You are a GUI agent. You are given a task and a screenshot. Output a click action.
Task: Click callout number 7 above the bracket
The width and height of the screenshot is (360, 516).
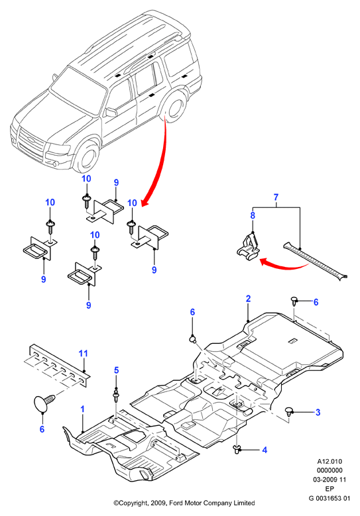tap(276, 197)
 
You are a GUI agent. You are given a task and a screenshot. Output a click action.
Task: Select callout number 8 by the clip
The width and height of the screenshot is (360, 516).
tap(253, 215)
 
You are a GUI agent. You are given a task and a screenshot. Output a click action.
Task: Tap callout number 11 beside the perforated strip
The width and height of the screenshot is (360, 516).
tap(84, 354)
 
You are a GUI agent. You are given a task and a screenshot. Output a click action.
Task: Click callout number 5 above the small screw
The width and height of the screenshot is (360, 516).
tap(116, 370)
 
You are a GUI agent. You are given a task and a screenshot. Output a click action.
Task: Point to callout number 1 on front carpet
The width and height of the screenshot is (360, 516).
tap(82, 409)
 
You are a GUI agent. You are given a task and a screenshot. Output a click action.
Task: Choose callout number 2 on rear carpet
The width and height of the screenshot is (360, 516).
tap(248, 299)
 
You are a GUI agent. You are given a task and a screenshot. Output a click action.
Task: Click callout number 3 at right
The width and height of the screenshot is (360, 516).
tap(318, 412)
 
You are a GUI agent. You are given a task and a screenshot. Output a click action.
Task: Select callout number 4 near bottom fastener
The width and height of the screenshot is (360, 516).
tap(265, 450)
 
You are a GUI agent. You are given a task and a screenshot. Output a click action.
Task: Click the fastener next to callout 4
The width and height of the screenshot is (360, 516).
tap(237, 450)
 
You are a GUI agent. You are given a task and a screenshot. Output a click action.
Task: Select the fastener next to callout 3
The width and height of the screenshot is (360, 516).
tap(289, 411)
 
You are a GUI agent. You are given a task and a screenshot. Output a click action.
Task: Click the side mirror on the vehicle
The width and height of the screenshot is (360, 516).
tap(111, 112)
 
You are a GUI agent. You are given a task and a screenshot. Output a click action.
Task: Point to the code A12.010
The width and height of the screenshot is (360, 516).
tap(330, 462)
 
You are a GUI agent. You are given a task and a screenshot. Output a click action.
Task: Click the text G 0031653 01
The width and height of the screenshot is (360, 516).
tap(330, 498)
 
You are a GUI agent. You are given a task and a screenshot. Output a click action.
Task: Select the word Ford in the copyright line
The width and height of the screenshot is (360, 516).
tap(176, 503)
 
